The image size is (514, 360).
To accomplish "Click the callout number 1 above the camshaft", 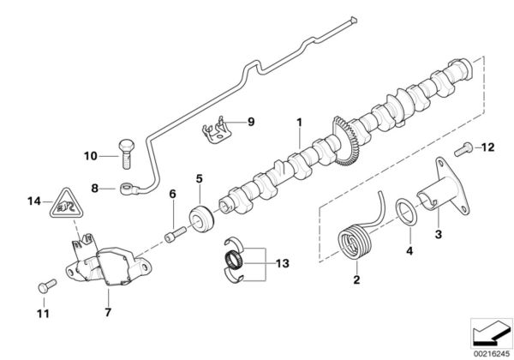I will coord(299,123).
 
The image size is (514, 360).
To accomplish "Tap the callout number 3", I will coord(439,234).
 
